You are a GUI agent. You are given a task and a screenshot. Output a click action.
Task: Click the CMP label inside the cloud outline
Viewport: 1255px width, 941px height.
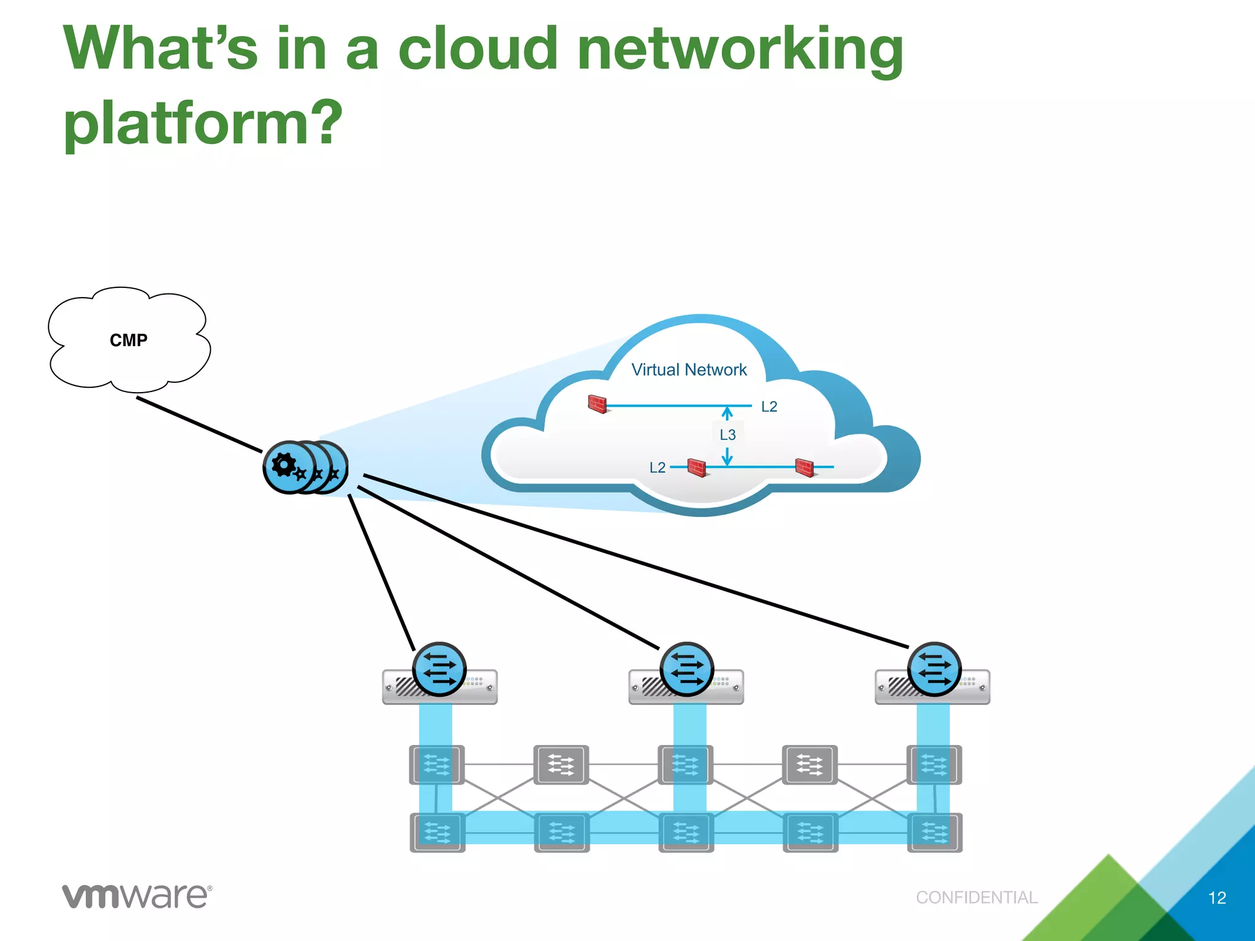[129, 340]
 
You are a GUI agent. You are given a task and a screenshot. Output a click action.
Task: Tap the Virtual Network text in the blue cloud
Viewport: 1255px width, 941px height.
[689, 370]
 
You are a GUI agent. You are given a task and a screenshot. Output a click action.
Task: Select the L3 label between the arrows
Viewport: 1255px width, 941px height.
[727, 435]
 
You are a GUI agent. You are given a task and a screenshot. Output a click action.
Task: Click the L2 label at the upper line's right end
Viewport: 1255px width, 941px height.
[769, 407]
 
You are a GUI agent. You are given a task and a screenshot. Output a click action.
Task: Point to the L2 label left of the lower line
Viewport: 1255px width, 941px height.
[657, 468]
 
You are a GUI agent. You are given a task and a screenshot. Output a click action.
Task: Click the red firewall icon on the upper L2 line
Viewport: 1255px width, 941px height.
[597, 404]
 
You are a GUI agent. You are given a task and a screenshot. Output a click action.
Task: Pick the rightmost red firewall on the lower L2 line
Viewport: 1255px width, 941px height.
[805, 467]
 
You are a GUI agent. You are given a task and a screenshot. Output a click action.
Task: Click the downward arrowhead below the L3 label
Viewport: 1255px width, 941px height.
[727, 459]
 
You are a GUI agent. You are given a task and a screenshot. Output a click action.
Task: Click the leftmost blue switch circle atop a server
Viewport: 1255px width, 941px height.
[439, 669]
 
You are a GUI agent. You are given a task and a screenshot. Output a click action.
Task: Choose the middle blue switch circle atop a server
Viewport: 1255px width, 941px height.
[686, 669]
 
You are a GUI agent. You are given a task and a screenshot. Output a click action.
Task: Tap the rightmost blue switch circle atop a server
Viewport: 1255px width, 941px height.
[934, 669]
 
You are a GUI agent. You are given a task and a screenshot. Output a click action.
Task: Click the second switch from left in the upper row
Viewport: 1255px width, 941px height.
[561, 765]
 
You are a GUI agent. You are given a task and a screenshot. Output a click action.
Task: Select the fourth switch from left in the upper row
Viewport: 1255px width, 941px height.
[809, 765]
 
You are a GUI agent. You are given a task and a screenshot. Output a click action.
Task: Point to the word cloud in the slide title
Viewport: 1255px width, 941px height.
[479, 49]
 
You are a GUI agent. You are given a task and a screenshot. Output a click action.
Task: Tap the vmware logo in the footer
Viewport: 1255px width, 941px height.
[137, 896]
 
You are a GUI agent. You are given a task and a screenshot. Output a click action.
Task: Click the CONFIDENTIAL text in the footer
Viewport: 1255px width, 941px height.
[977, 898]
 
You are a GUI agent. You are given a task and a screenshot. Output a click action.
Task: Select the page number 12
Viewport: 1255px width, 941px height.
[1217, 898]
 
